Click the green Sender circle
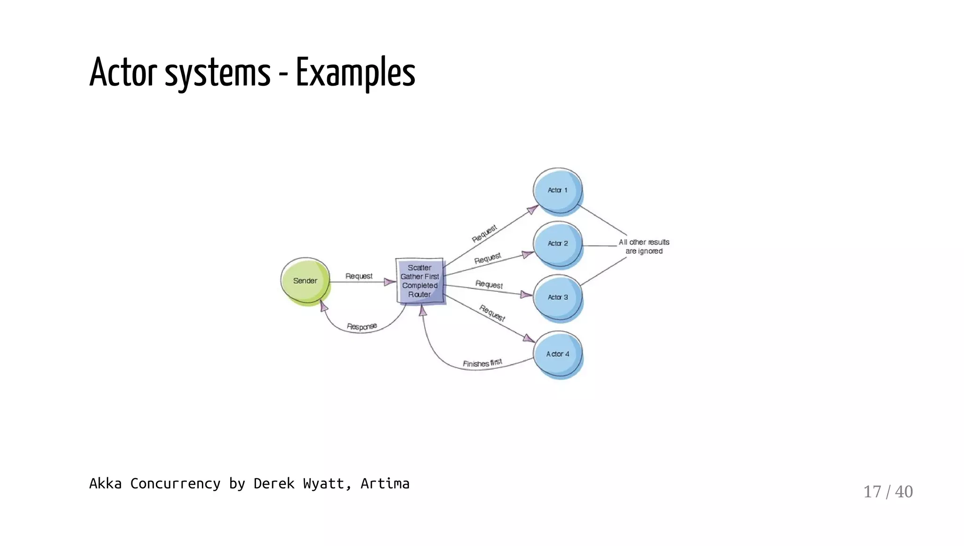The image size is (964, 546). (305, 281)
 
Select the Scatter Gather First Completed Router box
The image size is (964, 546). (420, 281)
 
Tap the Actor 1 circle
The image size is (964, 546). (558, 190)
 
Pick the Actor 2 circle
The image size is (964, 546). (558, 244)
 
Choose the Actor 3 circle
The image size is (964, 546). (558, 297)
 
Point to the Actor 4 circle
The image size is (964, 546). (558, 354)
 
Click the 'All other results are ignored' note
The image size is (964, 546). (644, 246)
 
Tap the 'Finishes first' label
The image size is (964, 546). (482, 363)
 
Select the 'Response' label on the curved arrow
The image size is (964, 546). (362, 326)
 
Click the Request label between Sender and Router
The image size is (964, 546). (359, 276)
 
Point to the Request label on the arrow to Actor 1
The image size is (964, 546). (484, 233)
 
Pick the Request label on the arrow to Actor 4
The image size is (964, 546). (492, 313)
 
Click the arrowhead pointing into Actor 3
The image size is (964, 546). (526, 295)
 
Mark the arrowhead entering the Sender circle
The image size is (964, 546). (323, 306)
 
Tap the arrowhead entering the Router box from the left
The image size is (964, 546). (390, 282)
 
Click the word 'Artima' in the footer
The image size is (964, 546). (385, 484)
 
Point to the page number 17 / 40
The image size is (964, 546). (888, 492)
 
